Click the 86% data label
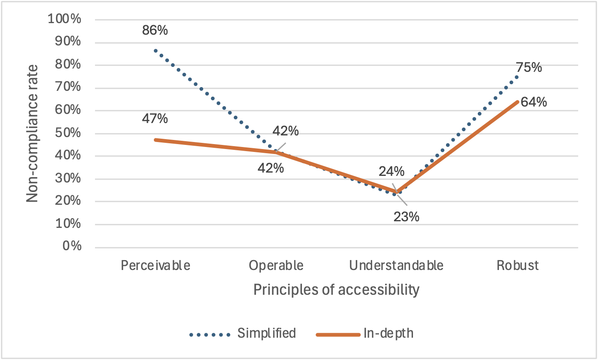pyautogui.click(x=155, y=30)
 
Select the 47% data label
pyautogui.click(x=155, y=119)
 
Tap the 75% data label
pyautogui.click(x=529, y=67)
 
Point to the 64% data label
pyautogui.click(x=534, y=102)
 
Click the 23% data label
pyautogui.click(x=406, y=217)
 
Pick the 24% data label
pyautogui.click(x=392, y=171)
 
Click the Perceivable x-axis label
pyautogui.click(x=156, y=265)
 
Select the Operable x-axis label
pyautogui.click(x=276, y=265)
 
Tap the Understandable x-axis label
pyautogui.click(x=396, y=265)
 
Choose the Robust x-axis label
pyautogui.click(x=517, y=265)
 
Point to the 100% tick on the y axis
pyautogui.click(x=64, y=19)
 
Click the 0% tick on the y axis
pyautogui.click(x=72, y=246)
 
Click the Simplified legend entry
pyautogui.click(x=266, y=333)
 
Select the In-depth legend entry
pyautogui.click(x=388, y=333)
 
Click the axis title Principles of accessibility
pyautogui.click(x=336, y=290)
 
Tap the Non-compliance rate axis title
pyautogui.click(x=32, y=133)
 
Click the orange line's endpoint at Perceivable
pyautogui.click(x=155, y=140)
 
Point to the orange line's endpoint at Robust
pyautogui.click(x=518, y=101)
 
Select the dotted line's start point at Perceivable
pyautogui.click(x=155, y=50)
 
